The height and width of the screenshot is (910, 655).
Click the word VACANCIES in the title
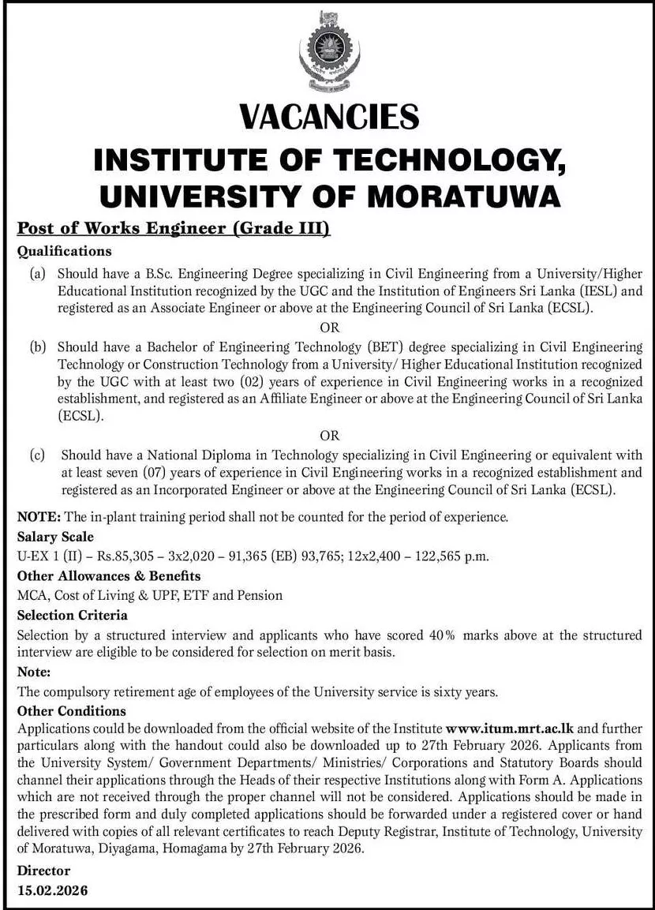(x=327, y=117)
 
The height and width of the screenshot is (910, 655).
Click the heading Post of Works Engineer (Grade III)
(x=173, y=230)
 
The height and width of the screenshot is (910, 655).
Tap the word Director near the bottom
(x=43, y=871)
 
